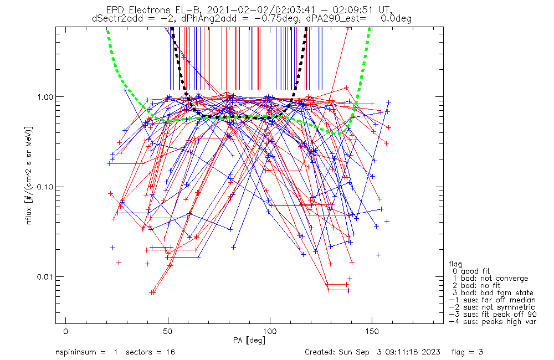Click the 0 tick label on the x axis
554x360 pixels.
tap(66, 331)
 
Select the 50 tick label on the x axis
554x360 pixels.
tap(168, 331)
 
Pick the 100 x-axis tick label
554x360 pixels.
tap(270, 331)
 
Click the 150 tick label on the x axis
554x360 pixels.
tap(372, 331)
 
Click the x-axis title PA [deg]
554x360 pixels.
tap(249, 341)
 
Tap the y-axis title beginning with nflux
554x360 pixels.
tap(29, 175)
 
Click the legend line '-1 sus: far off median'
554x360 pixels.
tap(492, 300)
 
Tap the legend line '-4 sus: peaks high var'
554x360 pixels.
tap(493, 322)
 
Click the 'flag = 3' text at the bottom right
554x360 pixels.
tap(467, 352)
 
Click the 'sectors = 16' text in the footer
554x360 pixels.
tap(150, 352)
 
